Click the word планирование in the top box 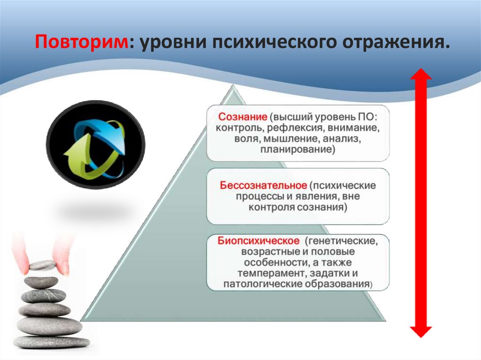pos(298,150)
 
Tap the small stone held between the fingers pos(42,265)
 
